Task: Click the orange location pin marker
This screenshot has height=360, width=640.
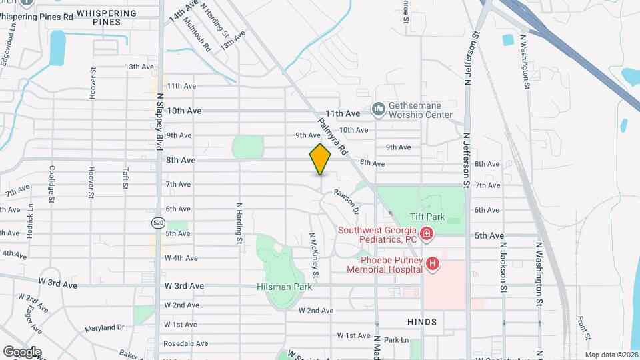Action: [320, 159]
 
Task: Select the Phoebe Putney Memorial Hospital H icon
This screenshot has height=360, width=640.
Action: [433, 265]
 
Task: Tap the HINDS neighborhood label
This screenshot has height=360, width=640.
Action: [422, 322]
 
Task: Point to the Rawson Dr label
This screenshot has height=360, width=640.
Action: [347, 200]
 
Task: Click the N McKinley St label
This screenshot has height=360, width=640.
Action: [313, 255]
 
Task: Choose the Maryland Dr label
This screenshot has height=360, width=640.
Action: [105, 327]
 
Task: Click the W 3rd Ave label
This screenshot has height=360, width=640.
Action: [184, 286]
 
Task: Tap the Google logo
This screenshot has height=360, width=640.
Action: [23, 351]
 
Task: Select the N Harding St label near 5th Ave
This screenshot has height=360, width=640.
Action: [237, 222]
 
